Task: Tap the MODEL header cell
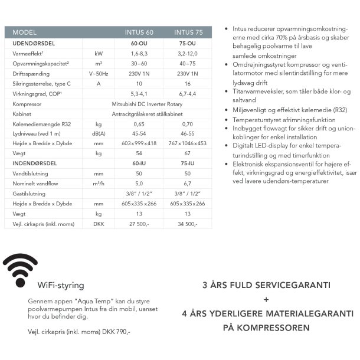point(24,32)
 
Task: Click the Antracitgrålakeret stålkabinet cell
point(163,113)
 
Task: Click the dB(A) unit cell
point(99,133)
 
